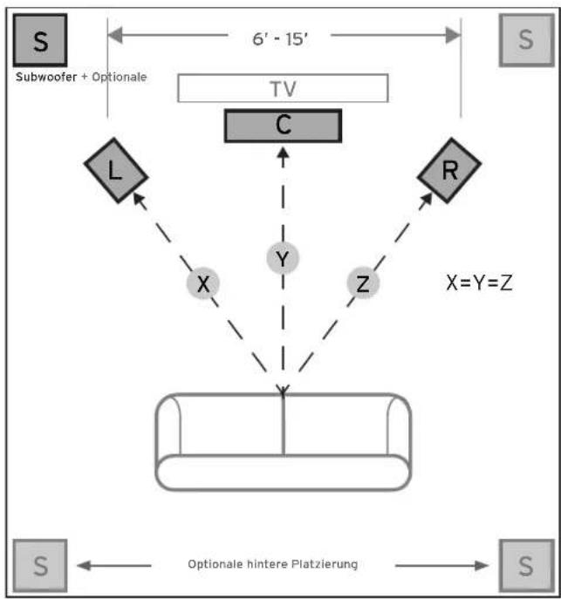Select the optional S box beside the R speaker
click(x=523, y=40)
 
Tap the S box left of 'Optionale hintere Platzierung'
click(x=40, y=565)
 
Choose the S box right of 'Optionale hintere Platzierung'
click(x=523, y=565)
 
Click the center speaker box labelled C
click(x=283, y=126)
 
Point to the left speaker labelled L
click(x=115, y=170)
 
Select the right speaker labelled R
click(x=448, y=170)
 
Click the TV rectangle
click(x=283, y=88)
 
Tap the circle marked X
click(x=203, y=284)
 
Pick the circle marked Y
click(x=282, y=259)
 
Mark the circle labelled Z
click(x=363, y=284)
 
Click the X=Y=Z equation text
click(x=478, y=282)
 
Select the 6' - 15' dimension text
click(x=284, y=37)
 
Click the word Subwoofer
click(x=46, y=77)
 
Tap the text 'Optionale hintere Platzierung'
click(x=272, y=564)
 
